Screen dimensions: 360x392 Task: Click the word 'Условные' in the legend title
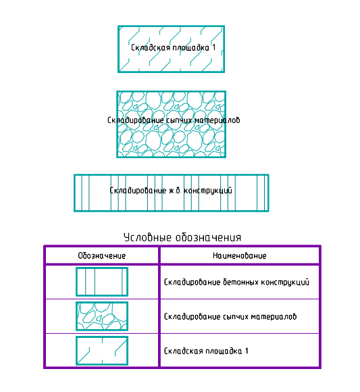147,237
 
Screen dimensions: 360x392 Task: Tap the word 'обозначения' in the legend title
208,237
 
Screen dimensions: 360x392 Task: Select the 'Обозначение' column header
102,255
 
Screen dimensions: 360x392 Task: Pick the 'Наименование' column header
240,255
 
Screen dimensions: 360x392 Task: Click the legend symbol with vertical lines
102,282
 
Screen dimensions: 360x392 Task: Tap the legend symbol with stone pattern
102,316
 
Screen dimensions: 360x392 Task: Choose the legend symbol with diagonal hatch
102,351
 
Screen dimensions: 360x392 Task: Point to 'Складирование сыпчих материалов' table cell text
230,317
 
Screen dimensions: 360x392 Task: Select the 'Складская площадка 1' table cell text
206,351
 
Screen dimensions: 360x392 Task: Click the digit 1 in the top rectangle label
214,47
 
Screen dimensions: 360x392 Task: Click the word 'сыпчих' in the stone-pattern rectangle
178,120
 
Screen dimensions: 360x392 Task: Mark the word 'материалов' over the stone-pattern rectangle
217,120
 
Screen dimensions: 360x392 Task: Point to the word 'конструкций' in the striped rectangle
208,191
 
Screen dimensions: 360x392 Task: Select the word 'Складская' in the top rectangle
151,47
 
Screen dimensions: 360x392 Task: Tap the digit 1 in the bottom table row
247,351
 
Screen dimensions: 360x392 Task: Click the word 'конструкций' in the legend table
285,283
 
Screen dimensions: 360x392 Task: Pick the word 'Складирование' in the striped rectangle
138,191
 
